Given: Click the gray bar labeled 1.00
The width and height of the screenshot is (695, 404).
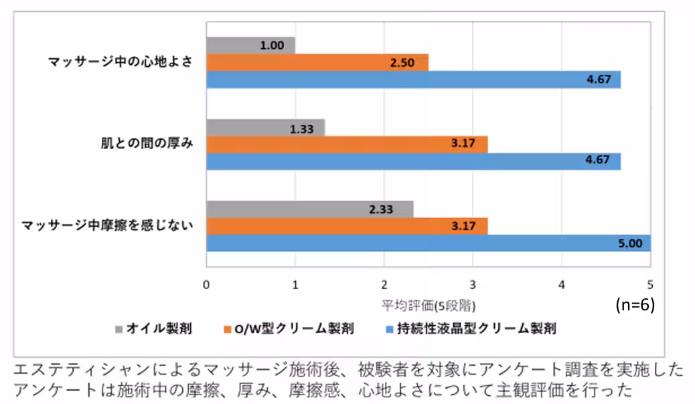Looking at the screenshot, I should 250,45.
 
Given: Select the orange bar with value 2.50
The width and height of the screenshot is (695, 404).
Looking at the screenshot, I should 317,63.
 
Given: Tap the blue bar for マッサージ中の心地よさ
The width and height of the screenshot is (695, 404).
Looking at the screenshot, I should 413,80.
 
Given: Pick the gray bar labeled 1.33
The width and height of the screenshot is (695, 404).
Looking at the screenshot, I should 265,128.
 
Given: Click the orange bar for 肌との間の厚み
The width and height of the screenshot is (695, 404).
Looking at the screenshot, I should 347,144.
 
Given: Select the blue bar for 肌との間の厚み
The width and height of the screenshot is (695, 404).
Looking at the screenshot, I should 413,161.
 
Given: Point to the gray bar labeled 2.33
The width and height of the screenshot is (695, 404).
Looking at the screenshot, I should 309,209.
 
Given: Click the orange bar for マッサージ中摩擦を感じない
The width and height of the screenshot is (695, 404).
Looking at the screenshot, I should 347,226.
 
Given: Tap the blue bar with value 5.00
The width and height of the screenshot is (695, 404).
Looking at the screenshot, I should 429,243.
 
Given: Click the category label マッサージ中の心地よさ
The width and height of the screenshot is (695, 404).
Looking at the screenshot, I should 121,62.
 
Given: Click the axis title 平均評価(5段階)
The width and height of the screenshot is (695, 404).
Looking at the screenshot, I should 429,306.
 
